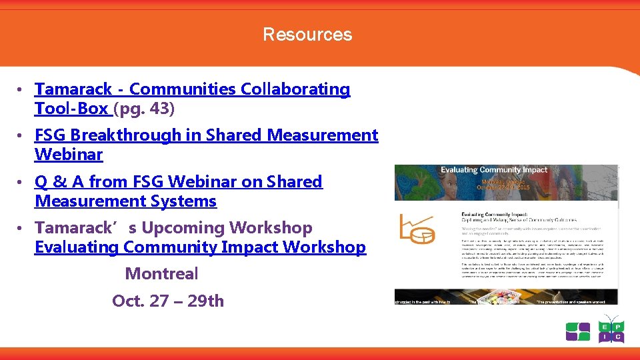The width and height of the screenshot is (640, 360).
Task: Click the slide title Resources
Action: point(307,35)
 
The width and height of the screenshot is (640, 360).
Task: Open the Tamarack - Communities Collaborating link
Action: point(192,89)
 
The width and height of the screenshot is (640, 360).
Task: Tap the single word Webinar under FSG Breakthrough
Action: point(69,155)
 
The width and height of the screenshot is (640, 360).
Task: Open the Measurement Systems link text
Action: point(125,201)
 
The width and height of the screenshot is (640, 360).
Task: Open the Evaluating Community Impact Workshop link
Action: point(200,247)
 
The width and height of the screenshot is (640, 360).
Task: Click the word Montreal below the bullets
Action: point(161,274)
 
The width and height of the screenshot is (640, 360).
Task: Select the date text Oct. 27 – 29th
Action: point(168,301)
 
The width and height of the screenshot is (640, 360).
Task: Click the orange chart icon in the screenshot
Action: point(417,228)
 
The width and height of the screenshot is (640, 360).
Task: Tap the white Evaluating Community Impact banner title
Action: point(493,170)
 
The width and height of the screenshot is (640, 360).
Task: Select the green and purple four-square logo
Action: point(578,331)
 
